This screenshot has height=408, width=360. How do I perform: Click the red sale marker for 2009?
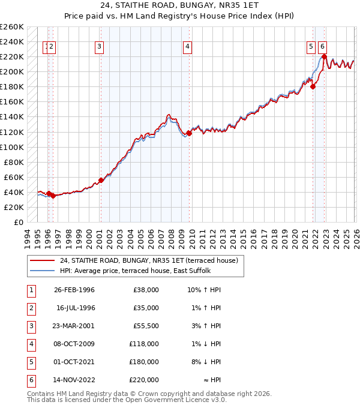pyautogui.click(x=189, y=133)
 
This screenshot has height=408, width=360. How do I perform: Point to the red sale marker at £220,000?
pyautogui.click(x=324, y=57)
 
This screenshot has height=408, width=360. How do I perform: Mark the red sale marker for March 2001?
pyautogui.click(x=101, y=180)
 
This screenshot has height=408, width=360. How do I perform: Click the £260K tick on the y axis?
pyautogui.click(x=12, y=27)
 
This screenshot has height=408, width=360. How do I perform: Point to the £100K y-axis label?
pyautogui.click(x=12, y=147)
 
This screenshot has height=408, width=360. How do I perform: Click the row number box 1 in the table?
pyautogui.click(x=29, y=290)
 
